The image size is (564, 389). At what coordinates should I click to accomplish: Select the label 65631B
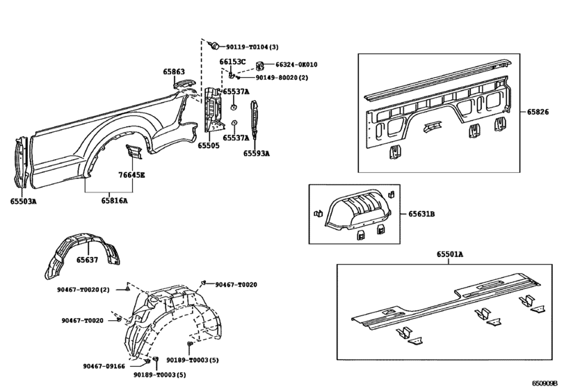[422, 215]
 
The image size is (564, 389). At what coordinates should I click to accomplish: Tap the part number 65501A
[450, 255]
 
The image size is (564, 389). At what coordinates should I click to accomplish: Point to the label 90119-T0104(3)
[252, 47]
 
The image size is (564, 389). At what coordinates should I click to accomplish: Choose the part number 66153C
[232, 62]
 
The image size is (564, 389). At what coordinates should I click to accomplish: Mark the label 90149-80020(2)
[282, 78]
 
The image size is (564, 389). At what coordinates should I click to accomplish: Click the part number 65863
[174, 72]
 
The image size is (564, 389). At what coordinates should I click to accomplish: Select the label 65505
[208, 146]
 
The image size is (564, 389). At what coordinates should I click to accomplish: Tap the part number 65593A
[256, 154]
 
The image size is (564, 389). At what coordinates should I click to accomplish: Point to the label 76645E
[131, 174]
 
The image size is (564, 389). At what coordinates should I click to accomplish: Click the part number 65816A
[115, 201]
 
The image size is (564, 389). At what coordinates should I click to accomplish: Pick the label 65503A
[23, 201]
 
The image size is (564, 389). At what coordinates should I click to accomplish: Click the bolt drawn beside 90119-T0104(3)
[216, 46]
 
